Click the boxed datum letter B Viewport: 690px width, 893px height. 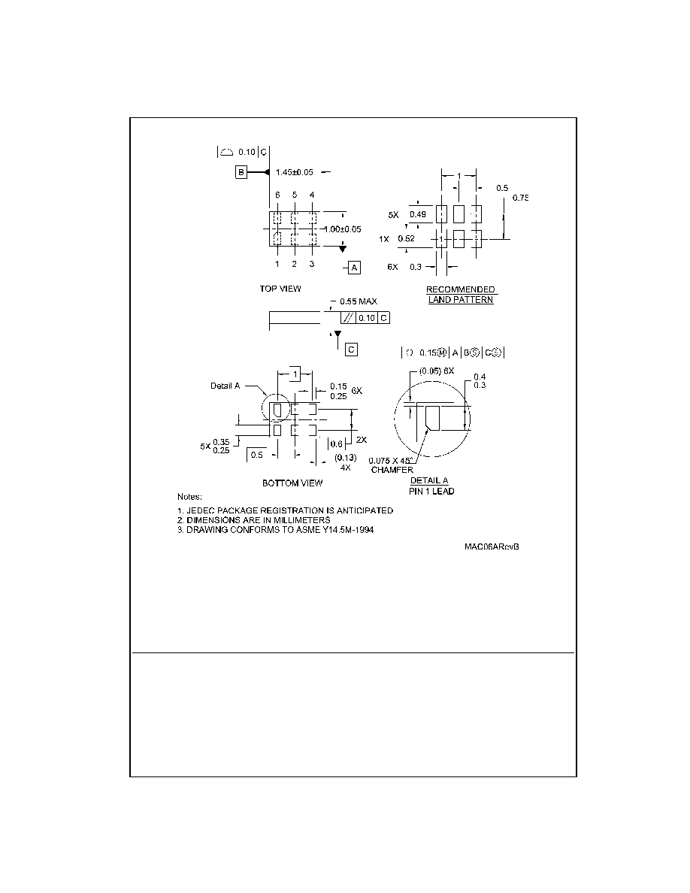point(241,172)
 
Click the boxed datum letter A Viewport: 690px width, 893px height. point(354,268)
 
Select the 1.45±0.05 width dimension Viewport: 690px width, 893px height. point(295,172)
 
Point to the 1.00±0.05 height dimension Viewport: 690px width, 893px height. point(342,229)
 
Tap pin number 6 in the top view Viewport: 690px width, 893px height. point(277,195)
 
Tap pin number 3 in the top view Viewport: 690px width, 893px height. point(312,264)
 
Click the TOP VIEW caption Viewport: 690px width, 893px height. point(280,289)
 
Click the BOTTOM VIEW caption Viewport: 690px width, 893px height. point(292,483)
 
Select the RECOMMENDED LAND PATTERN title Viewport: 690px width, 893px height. point(461,295)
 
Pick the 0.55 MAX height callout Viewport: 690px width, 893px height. point(359,301)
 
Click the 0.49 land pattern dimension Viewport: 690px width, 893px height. point(418,214)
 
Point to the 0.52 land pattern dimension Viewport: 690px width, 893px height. point(407,238)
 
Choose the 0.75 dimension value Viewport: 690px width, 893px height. point(520,198)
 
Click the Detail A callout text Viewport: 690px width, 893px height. point(225,386)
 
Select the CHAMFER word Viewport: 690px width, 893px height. point(392,470)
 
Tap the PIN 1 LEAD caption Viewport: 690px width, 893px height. point(431,491)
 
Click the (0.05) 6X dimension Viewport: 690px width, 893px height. point(437,371)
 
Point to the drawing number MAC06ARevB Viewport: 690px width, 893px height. point(492,546)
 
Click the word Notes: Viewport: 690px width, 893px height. point(189,497)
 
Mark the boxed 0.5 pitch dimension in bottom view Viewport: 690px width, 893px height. point(257,455)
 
